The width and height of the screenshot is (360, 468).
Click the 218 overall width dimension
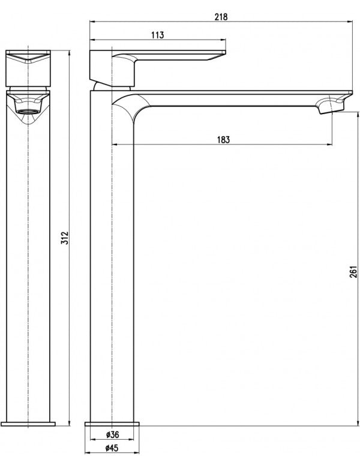(x=221, y=17)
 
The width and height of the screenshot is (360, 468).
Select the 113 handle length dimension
(x=158, y=35)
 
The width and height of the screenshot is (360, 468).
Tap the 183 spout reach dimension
(x=223, y=139)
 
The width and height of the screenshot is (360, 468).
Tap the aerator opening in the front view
(x=28, y=111)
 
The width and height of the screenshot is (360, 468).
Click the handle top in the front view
(x=29, y=58)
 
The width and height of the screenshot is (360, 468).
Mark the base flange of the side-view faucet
(x=114, y=422)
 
